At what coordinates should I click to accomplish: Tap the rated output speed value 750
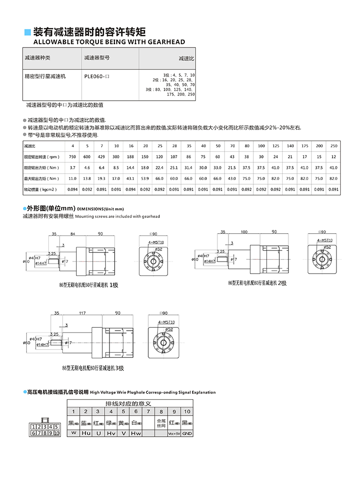coord(72,157)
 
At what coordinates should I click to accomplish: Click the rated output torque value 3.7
coord(72,167)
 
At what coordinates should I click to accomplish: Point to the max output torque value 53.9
coord(145,179)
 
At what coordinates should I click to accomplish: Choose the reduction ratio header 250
coord(334,146)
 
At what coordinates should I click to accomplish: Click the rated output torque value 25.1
coord(174,167)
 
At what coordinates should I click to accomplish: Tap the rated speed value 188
coord(131,157)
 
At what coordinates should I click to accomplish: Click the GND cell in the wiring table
coord(187,433)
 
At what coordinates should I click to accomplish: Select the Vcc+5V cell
coord(174,433)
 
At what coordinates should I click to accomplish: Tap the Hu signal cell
coord(85,433)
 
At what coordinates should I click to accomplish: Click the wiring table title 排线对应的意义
coord(129,403)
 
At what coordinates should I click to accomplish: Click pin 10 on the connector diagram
coord(56,433)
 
